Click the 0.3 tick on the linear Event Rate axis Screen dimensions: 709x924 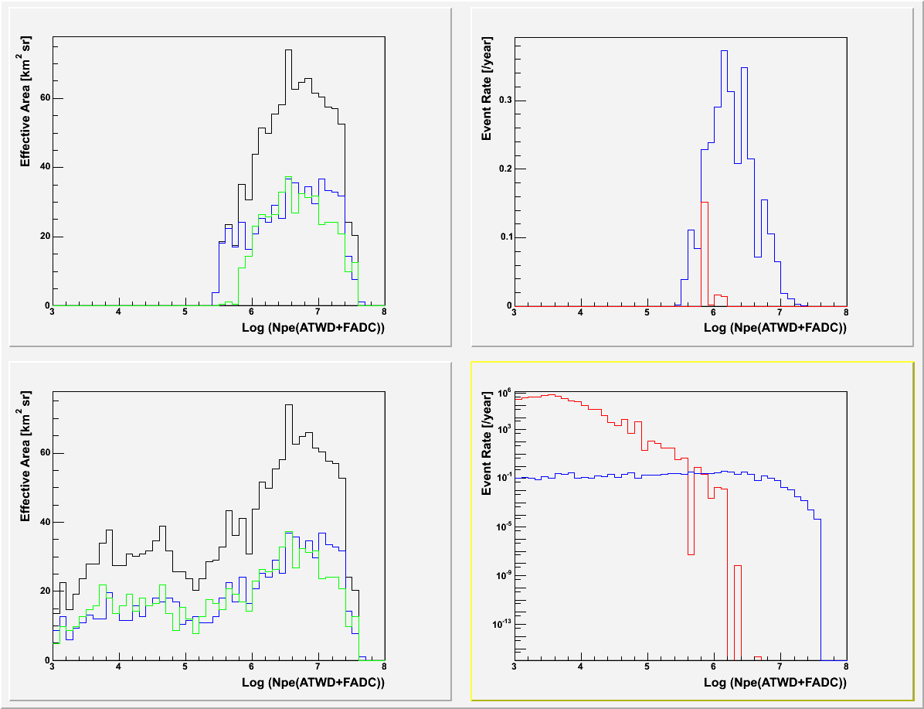pyautogui.click(x=504, y=101)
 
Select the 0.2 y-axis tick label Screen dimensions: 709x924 pyautogui.click(x=504, y=169)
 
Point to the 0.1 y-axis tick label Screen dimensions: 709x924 pyautogui.click(x=504, y=237)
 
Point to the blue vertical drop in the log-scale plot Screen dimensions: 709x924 pyautogui.click(x=820, y=588)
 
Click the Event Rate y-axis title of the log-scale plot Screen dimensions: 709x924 pyautogui.click(x=487, y=453)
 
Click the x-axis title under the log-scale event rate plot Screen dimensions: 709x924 pyautogui.click(x=775, y=683)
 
